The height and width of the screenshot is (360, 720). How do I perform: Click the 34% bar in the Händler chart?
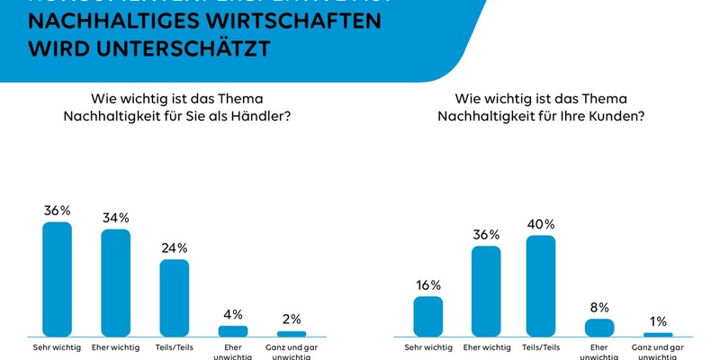point(115,282)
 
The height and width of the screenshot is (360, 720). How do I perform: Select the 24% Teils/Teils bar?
point(175,298)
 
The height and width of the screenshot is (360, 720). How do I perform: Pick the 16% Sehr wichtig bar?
point(427,316)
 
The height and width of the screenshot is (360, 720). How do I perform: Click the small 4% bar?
point(233,330)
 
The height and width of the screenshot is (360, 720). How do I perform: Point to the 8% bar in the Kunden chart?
point(598,327)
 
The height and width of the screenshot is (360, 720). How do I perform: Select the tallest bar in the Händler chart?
point(58,278)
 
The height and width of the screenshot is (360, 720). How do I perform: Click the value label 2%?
point(291,319)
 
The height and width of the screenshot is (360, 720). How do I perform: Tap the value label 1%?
point(658,321)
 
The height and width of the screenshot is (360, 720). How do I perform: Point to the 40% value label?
point(541,223)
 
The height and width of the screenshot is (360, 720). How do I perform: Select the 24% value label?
point(175,247)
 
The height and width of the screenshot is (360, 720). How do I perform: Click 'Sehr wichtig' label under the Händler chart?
point(57,346)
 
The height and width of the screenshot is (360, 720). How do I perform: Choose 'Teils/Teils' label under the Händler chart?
point(175,346)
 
